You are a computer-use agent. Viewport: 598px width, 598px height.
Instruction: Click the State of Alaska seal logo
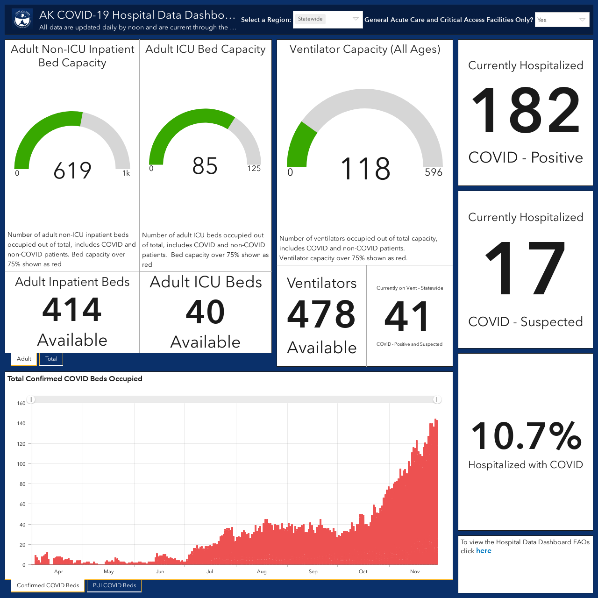[22, 19]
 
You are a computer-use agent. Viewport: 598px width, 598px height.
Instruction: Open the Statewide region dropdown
[327, 19]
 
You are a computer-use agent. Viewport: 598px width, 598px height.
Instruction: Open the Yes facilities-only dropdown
[562, 20]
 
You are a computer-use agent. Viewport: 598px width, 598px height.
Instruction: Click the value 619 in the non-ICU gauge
[72, 171]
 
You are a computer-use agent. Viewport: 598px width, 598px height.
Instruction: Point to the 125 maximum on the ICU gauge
[254, 169]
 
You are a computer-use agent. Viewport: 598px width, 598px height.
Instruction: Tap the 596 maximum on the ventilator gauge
[434, 172]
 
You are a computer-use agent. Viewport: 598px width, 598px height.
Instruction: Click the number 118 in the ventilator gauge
[365, 169]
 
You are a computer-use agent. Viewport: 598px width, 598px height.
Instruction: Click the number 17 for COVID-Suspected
[525, 268]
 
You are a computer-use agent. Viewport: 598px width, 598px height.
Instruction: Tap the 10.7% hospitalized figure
[526, 436]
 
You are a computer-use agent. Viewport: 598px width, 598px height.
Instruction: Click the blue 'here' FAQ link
[484, 550]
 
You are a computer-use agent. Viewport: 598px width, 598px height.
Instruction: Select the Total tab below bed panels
[51, 359]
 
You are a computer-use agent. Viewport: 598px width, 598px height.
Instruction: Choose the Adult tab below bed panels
[24, 359]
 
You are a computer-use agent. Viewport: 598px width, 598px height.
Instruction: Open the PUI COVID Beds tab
[114, 585]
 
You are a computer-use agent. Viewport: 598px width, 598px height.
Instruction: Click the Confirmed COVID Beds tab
[48, 585]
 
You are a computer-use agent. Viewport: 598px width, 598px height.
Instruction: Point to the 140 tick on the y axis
[21, 423]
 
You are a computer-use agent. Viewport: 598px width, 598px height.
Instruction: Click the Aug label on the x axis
[262, 572]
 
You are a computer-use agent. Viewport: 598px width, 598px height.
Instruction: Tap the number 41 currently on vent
[407, 317]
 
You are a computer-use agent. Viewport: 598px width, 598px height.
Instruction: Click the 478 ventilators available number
[321, 314]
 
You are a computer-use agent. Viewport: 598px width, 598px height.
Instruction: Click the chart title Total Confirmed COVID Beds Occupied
[75, 378]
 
